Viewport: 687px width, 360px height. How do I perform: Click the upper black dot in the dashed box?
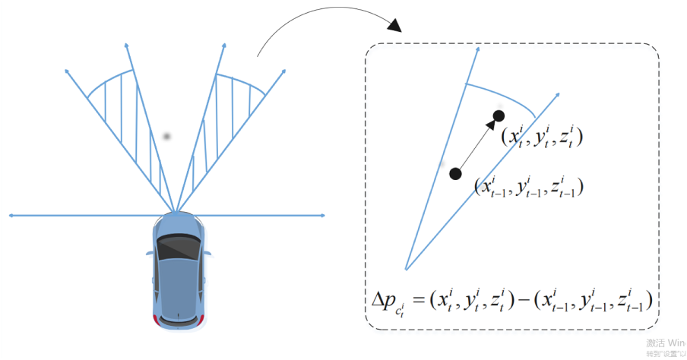499,115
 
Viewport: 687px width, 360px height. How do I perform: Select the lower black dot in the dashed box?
455,174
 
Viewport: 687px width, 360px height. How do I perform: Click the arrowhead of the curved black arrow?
394,29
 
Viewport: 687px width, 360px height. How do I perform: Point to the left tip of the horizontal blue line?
9,216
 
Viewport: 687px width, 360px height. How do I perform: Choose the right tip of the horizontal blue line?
325,216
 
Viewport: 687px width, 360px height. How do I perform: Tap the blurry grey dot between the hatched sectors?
167,137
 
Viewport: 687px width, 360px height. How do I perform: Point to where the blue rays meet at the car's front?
176,213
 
